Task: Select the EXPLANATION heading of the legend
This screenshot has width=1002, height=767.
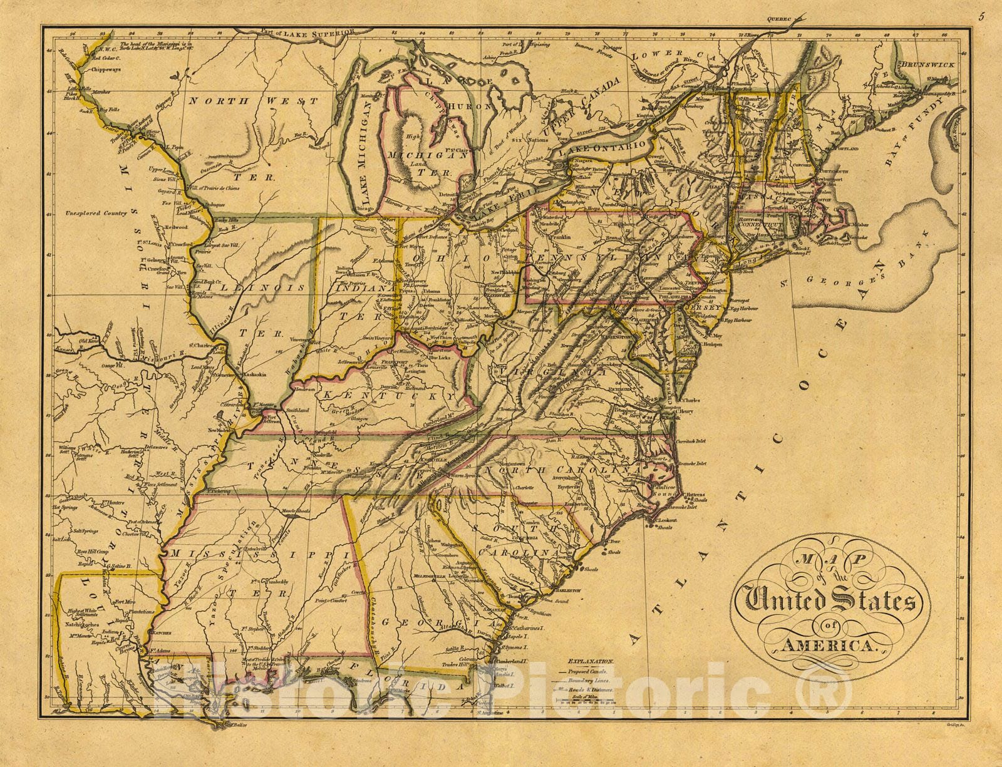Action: [591, 661]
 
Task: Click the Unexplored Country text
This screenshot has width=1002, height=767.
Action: [95, 213]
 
